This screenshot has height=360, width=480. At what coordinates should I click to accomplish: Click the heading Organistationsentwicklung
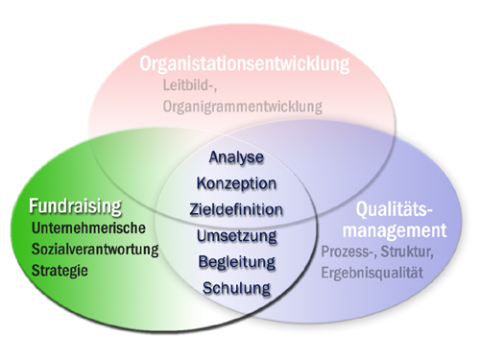click(x=244, y=65)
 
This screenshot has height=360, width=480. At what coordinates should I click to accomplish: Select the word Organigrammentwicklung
click(x=242, y=107)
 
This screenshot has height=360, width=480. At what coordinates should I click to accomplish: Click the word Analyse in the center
click(x=235, y=156)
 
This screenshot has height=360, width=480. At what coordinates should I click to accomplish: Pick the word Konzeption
click(x=236, y=182)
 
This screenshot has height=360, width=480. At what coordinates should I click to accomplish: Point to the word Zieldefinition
click(x=236, y=208)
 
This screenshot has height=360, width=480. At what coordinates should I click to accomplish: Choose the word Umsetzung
click(x=236, y=235)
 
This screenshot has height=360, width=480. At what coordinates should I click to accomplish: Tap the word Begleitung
click(x=236, y=261)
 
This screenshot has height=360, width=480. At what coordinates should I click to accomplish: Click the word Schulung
click(x=236, y=287)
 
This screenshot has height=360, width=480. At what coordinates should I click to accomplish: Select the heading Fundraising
click(x=75, y=205)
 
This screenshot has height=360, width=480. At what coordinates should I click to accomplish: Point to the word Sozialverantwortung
click(x=95, y=250)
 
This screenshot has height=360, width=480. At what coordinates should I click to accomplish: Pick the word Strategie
click(x=60, y=271)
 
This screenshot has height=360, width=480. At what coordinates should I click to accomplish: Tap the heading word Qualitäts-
click(x=395, y=208)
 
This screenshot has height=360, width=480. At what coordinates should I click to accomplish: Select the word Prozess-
click(x=349, y=253)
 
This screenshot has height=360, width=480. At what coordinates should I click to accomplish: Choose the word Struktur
click(x=411, y=253)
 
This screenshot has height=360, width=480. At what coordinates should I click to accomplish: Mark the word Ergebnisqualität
click(x=377, y=273)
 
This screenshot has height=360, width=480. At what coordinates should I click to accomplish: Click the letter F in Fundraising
click(x=34, y=205)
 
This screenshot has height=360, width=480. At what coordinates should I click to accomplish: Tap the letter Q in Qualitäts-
click(x=362, y=208)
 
